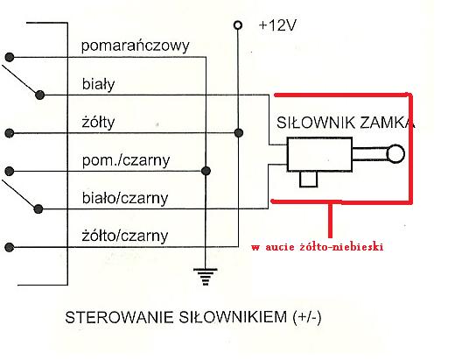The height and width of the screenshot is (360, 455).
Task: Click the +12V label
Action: (x=277, y=25)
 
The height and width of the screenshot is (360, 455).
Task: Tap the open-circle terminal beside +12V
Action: (x=238, y=25)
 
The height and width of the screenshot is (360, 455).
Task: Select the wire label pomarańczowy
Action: (x=136, y=46)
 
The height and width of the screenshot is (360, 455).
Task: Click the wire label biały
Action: (x=98, y=84)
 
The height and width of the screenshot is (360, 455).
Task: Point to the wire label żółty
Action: (x=98, y=122)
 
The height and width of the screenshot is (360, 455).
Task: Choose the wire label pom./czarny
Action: (x=126, y=160)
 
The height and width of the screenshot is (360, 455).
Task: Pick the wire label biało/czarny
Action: (x=125, y=198)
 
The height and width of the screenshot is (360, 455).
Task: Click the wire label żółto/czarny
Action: (x=125, y=236)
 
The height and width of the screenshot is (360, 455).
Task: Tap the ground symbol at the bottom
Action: (x=206, y=276)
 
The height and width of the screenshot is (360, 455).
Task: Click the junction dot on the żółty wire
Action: (x=239, y=133)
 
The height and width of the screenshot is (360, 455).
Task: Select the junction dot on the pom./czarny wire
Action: (x=206, y=171)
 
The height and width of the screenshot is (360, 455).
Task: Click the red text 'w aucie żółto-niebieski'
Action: (x=317, y=247)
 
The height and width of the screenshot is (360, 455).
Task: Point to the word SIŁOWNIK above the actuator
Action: (x=316, y=123)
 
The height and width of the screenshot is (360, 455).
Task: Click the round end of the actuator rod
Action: (x=395, y=153)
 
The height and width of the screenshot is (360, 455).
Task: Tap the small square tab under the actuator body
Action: (x=309, y=179)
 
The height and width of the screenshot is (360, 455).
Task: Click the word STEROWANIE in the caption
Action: (x=119, y=317)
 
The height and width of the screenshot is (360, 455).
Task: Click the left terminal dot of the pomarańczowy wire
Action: (x=10, y=57)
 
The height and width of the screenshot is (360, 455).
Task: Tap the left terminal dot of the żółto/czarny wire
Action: (x=10, y=247)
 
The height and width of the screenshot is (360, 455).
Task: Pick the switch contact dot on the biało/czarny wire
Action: (x=38, y=208)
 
